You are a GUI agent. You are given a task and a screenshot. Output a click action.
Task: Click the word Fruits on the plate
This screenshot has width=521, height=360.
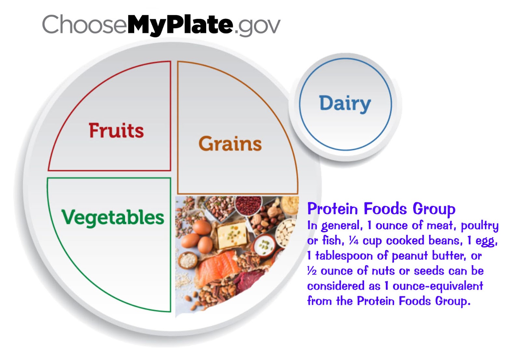116,130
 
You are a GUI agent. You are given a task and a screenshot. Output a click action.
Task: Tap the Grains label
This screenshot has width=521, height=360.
230,144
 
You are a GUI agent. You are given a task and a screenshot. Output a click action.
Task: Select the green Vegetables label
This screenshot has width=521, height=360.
113,217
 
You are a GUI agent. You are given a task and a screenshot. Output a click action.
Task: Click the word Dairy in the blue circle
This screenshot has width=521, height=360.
345,104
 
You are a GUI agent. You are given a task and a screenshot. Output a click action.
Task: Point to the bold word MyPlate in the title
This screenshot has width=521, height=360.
180,25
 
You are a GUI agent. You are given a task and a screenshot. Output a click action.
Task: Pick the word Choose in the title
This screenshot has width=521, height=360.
84,25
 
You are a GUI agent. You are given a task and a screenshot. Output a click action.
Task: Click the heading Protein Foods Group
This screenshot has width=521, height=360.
381,209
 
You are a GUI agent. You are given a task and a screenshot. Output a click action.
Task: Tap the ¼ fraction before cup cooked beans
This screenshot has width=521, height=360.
354,241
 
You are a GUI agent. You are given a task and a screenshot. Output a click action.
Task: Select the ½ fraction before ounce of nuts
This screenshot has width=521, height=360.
312,271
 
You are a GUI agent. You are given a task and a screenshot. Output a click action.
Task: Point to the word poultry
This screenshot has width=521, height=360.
479,226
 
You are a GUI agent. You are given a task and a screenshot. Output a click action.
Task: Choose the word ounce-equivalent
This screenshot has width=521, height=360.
438,286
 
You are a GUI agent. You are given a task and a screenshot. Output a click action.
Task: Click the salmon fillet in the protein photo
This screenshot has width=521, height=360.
217,267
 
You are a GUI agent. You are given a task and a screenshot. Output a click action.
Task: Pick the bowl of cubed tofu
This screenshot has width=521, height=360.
286,233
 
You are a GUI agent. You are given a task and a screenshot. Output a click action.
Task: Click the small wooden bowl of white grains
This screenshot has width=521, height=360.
188,260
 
